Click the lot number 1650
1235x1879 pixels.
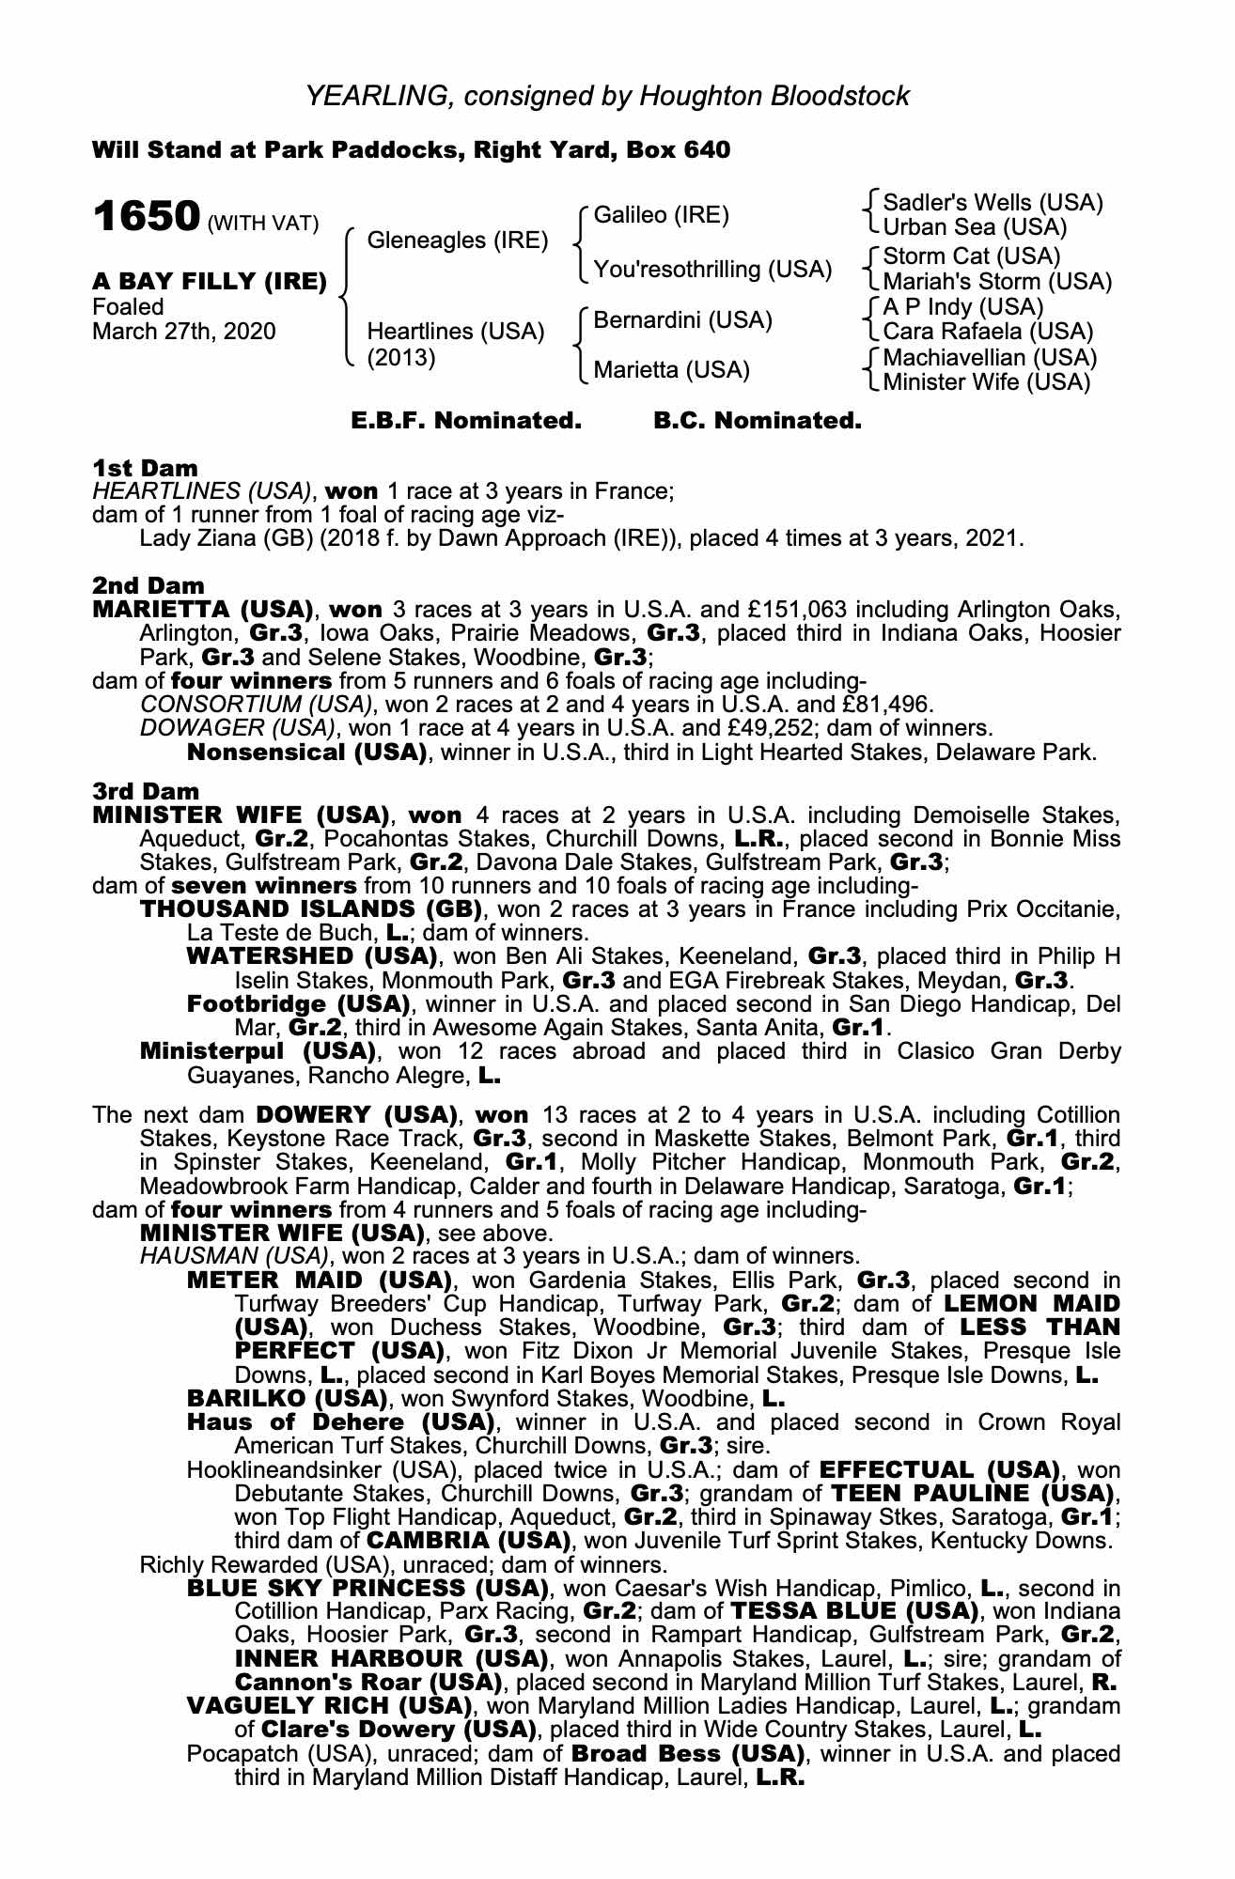pos(146,217)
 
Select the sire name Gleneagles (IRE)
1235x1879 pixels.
pos(457,241)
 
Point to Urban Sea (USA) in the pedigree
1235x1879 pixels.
pos(975,227)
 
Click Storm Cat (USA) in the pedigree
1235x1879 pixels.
pos(971,256)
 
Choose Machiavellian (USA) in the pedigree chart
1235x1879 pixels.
pos(990,358)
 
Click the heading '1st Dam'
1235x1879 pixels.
pos(145,468)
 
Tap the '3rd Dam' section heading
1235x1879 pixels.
pos(146,792)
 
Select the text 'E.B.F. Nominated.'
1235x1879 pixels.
pos(466,421)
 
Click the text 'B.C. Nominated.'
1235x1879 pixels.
pos(757,421)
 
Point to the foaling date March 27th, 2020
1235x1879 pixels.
pos(184,332)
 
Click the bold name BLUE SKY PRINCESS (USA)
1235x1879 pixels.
pos(367,1589)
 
